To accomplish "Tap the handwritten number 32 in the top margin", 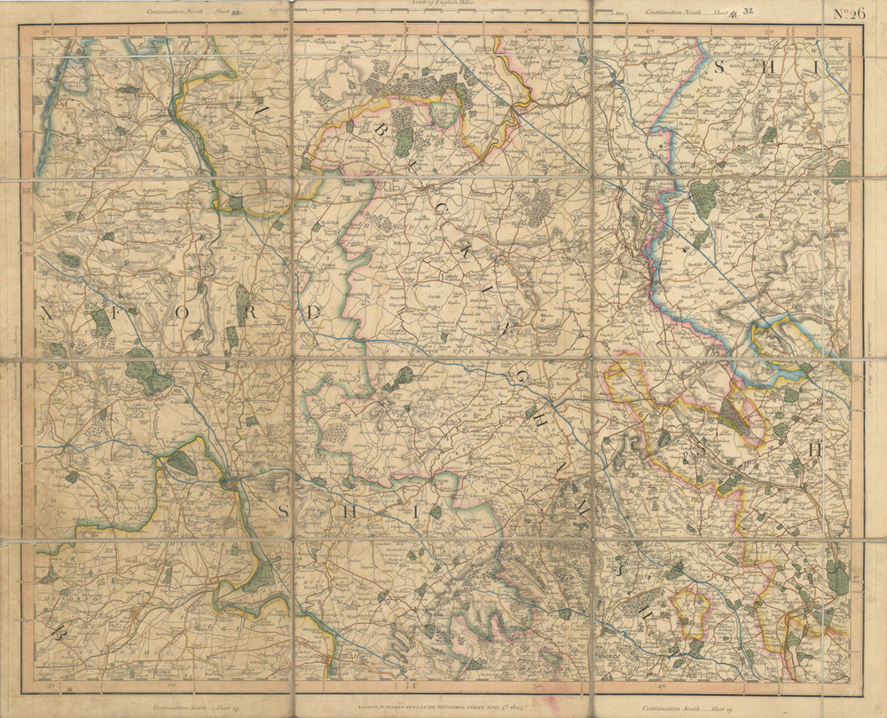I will [749, 12].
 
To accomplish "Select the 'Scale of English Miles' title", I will [443, 4].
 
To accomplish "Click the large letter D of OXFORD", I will [312, 312].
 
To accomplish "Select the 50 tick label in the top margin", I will [527, 30].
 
